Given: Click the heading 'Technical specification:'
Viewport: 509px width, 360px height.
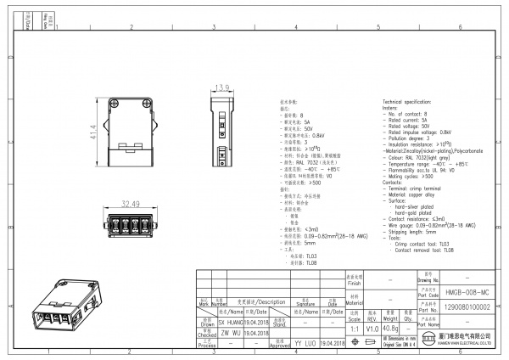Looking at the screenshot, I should coord(412,100).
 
